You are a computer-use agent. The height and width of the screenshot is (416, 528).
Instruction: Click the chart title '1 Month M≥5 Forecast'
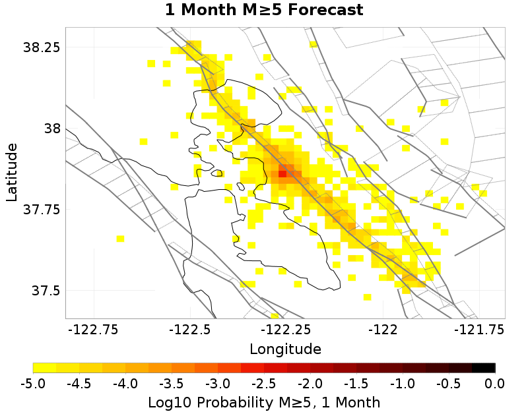[x=264, y=11]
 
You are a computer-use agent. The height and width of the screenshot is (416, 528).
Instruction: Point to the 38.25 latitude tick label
[x=41, y=47]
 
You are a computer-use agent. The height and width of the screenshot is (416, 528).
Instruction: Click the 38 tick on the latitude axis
[x=51, y=129]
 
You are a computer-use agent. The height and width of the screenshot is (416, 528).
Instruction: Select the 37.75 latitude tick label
[x=41, y=210]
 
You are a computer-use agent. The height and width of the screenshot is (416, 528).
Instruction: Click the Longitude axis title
[x=286, y=349]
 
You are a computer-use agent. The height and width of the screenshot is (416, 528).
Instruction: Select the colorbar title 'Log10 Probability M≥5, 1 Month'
[x=264, y=401]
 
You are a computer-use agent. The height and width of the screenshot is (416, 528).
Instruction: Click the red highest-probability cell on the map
[x=282, y=173]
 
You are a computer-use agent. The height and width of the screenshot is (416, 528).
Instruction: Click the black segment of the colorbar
[x=484, y=368]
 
